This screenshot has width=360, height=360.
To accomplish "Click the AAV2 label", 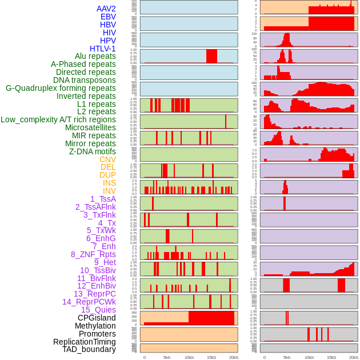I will click(106, 9).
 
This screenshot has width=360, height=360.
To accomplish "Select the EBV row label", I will click(108, 17).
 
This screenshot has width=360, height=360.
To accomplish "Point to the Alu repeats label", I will click(95, 56).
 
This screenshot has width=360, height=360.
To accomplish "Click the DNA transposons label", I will click(85, 80).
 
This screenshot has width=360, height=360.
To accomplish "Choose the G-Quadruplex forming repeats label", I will click(61, 88).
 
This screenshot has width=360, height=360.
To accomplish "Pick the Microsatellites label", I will click(90, 127).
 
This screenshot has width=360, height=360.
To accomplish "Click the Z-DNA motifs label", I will click(93, 151).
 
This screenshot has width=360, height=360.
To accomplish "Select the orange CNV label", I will click(107, 159).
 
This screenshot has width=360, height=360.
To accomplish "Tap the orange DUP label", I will click(107, 175).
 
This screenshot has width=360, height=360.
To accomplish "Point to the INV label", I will click(109, 191).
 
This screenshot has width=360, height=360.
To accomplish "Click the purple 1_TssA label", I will click(103, 199).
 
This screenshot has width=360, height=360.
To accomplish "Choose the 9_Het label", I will click(105, 262).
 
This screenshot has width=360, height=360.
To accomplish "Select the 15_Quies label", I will click(98, 310).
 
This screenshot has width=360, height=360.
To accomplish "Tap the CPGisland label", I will click(97, 318).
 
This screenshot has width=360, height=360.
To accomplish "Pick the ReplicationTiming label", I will click(85, 342).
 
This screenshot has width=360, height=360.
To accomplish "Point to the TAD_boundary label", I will click(89, 349).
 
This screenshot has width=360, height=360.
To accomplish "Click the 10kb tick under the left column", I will click(189, 357).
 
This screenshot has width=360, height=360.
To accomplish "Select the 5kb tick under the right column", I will click(287, 357).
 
